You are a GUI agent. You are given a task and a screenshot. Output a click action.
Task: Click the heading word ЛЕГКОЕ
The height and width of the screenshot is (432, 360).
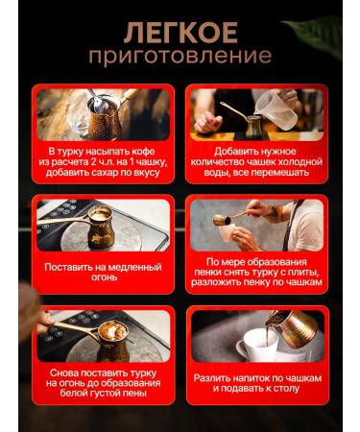(x=180, y=33)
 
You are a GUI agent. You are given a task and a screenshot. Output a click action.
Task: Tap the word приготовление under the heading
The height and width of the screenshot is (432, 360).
(x=180, y=56)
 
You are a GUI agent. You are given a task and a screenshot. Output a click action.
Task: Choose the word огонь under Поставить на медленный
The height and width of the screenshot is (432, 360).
(x=105, y=277)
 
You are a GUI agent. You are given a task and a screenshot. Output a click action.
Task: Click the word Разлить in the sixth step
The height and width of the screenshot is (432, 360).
(x=209, y=378)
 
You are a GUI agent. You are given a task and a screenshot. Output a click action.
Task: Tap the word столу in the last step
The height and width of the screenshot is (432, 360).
(x=286, y=389)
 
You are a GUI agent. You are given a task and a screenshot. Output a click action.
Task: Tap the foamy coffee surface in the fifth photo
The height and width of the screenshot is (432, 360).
(x=112, y=331)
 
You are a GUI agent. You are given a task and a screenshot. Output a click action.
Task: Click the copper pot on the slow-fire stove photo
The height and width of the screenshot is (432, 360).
(x=101, y=228)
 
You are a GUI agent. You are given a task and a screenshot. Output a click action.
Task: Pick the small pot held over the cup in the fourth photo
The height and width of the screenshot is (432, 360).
(x=222, y=220)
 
